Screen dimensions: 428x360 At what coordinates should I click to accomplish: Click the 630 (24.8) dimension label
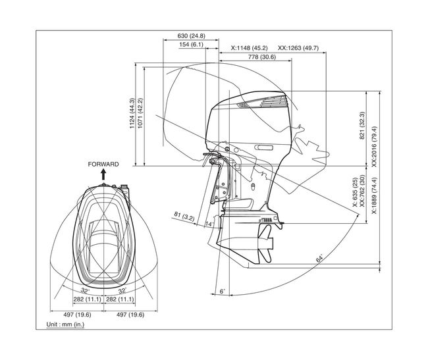191,36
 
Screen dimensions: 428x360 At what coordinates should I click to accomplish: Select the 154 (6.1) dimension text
191,45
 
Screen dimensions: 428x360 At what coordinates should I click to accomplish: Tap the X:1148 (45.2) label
249,48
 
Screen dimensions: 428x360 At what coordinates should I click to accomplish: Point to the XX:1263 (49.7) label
298,48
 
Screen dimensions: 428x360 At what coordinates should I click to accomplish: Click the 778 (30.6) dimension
262,57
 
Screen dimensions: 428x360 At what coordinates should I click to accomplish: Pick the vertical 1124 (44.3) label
132,113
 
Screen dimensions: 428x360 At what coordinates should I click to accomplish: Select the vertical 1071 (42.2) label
140,113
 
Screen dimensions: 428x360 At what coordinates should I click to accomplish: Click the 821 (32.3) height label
362,126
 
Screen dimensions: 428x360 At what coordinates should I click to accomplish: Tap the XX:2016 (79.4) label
374,147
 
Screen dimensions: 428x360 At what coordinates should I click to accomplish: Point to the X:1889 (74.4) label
374,196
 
